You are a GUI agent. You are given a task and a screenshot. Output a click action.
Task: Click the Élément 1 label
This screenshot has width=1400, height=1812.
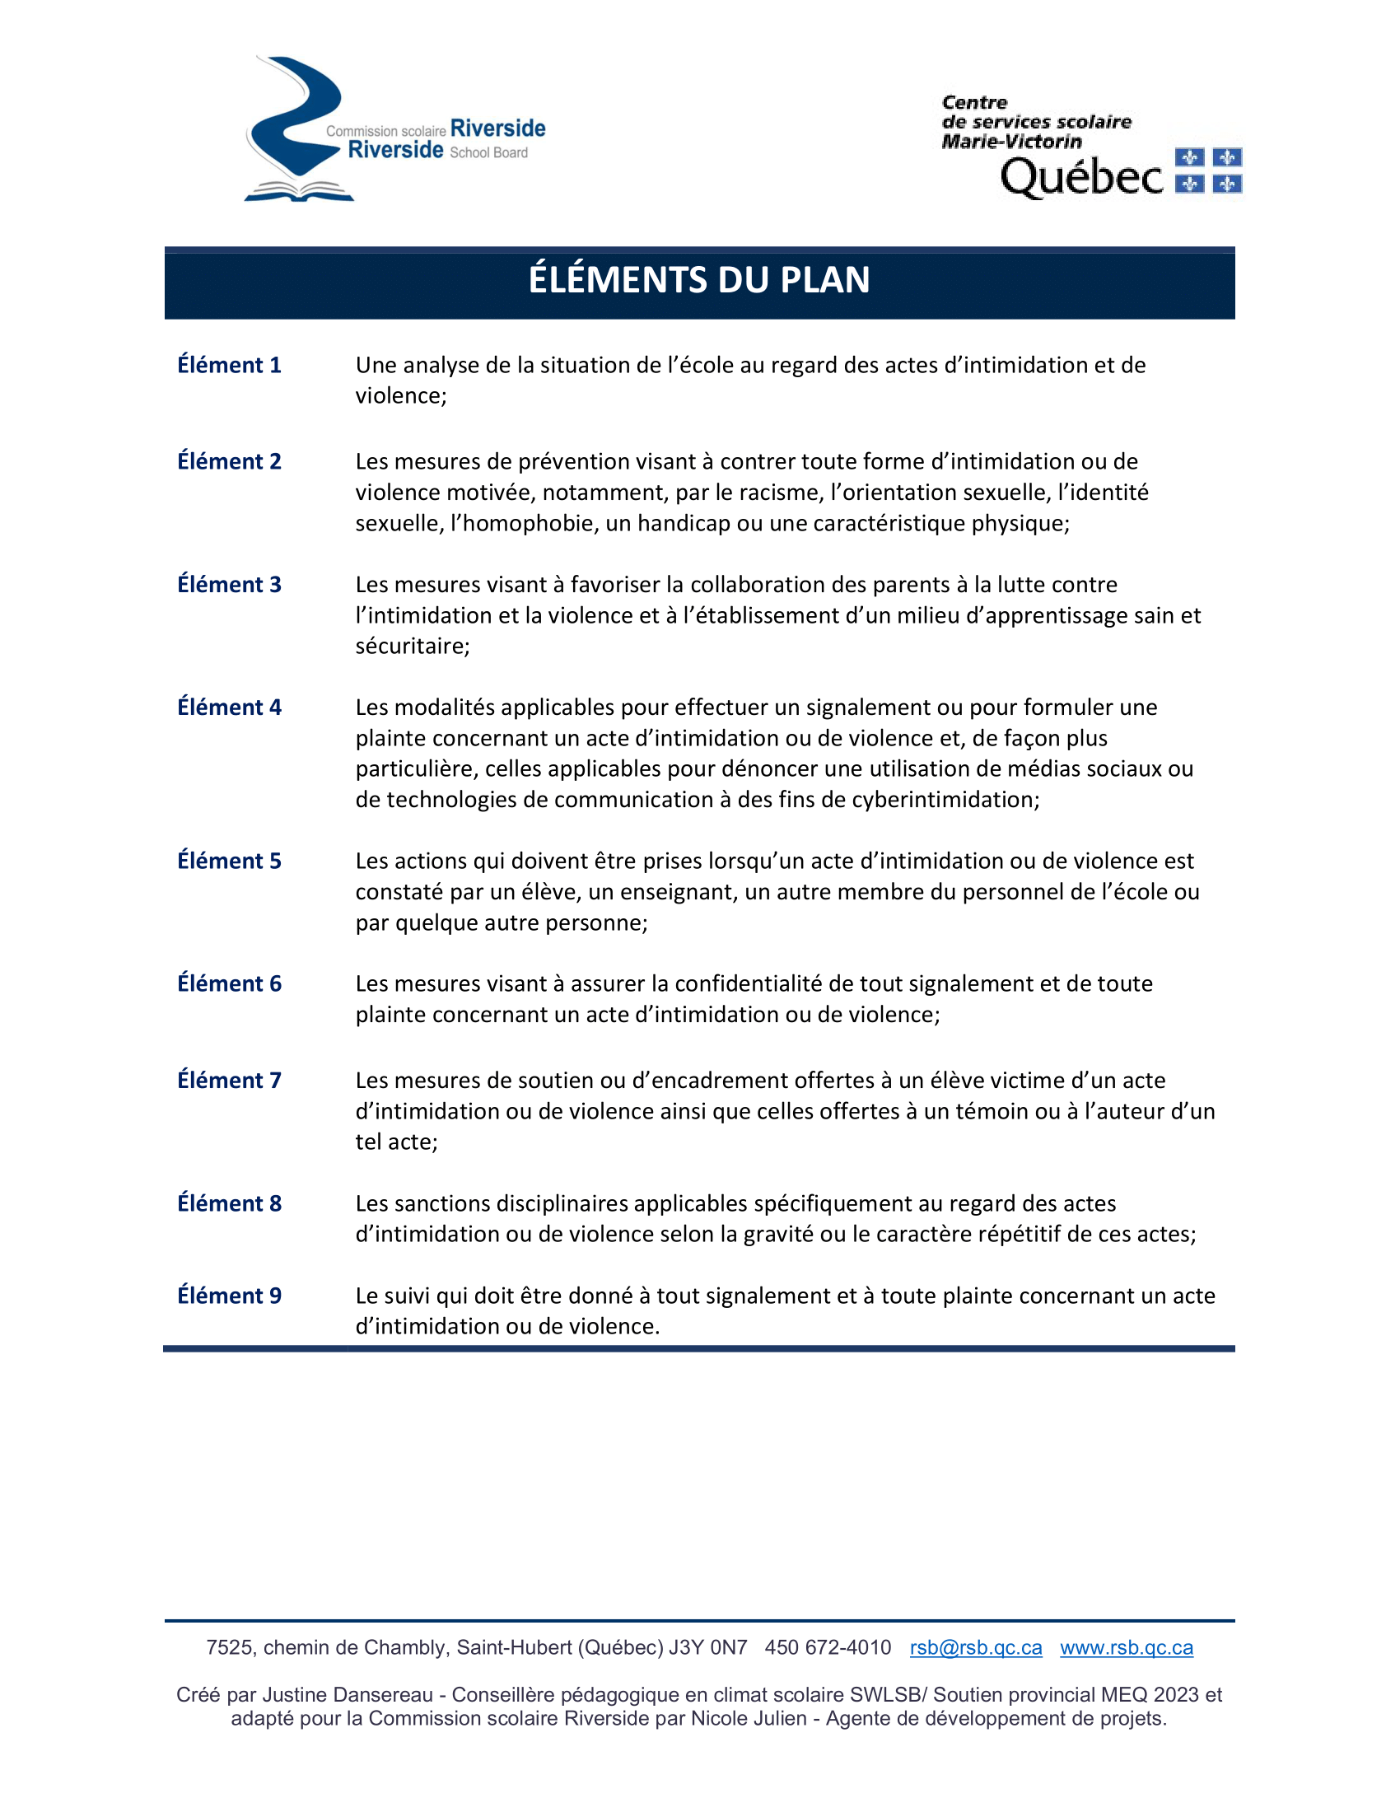point(229,365)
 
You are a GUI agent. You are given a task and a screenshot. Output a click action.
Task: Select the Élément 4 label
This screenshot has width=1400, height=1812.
point(229,707)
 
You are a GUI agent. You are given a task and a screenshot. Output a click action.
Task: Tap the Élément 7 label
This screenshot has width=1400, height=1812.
point(229,1081)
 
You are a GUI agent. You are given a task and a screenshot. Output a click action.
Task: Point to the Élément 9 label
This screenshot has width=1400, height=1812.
point(229,1295)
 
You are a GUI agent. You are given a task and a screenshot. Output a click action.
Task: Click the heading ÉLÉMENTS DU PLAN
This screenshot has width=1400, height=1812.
point(699,280)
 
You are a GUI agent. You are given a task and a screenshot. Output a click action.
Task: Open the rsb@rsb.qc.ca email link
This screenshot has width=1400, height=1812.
point(975,1648)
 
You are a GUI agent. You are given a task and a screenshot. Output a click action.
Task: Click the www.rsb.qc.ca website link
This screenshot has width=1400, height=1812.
point(1127,1648)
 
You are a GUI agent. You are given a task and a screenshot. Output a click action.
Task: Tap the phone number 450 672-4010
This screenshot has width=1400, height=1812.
point(828,1648)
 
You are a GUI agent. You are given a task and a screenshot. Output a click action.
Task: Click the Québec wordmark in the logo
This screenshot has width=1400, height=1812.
point(1081,178)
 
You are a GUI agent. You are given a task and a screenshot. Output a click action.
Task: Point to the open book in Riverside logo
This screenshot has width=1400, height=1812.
point(300,192)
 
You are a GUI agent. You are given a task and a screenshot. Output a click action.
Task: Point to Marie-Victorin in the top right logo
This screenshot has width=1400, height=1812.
point(1012,142)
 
